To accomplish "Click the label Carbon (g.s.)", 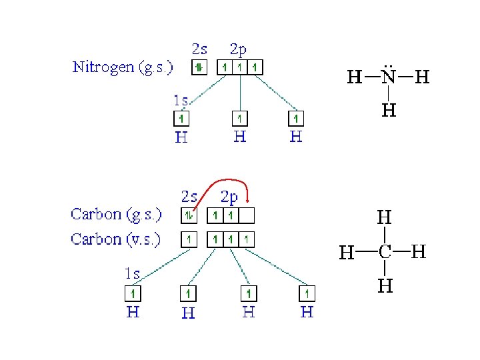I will click(116, 215).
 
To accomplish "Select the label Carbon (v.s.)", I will click(116, 239).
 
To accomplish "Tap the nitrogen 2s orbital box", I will click(199, 67).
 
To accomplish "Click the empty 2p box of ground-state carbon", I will click(247, 215).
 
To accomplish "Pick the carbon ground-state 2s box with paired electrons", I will click(189, 215).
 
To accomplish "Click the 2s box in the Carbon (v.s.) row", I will click(189, 239).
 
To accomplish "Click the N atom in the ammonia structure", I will click(389, 78).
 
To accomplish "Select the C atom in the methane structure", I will click(385, 252).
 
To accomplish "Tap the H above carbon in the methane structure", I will click(385, 217).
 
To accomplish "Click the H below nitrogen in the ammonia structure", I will click(389, 109).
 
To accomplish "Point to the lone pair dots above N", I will click(389, 66).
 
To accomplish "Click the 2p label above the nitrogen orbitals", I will click(238, 49).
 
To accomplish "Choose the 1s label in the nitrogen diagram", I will click(181, 101).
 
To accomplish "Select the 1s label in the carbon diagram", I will click(132, 273).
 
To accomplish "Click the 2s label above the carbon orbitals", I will click(189, 197).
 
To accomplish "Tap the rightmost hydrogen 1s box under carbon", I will click(307, 293).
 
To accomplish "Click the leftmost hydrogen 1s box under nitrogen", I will click(181, 119).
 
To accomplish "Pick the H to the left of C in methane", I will click(347, 253).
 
